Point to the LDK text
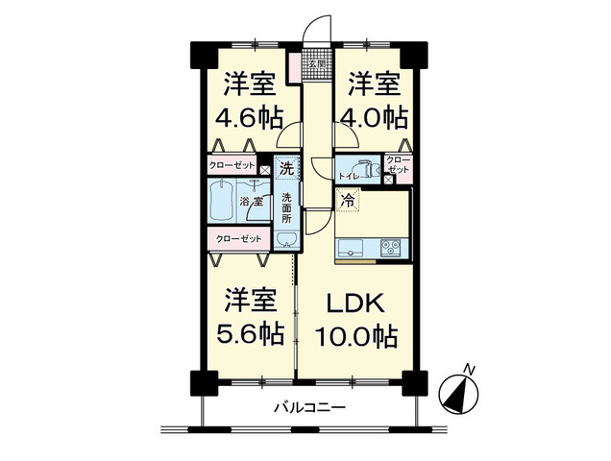click(x=356, y=303)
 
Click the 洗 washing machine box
click(x=285, y=169)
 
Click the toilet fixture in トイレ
click(x=364, y=167)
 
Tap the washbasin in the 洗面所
click(x=285, y=239)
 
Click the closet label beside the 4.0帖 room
click(x=398, y=165)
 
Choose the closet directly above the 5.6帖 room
click(x=237, y=238)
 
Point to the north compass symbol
click(x=461, y=391)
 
